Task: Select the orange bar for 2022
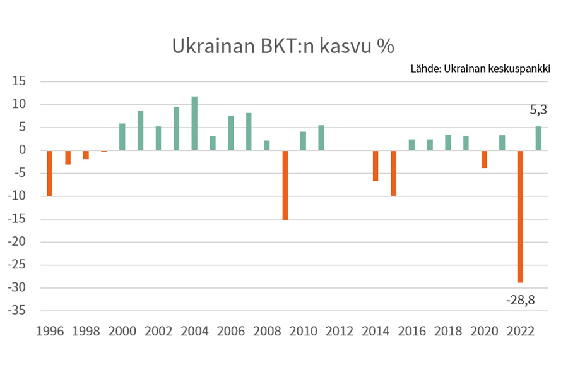tap(520, 216)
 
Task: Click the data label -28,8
tap(520, 300)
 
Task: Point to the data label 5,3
tap(538, 110)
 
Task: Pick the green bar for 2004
tap(194, 123)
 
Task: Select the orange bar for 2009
tap(285, 184)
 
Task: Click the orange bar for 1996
tap(50, 173)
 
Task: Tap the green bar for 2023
tap(538, 138)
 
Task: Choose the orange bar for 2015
tap(394, 172)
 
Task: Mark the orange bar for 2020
tap(484, 159)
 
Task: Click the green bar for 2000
tap(122, 136)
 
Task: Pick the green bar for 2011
tap(321, 138)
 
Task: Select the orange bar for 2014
tap(376, 165)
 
